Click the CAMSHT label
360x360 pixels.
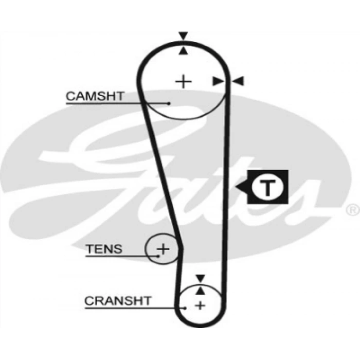coord(95,96)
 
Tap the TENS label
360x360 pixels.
coord(104,249)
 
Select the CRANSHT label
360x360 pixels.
coord(118,300)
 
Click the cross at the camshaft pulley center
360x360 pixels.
coord(183,81)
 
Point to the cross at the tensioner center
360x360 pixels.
coord(163,249)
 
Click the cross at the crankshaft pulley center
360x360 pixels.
coord(200,305)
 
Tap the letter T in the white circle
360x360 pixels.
coord(267,188)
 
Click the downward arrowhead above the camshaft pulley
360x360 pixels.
coord(183,36)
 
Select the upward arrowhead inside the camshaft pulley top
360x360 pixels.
coord(183,50)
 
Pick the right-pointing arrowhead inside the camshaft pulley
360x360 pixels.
coord(218,81)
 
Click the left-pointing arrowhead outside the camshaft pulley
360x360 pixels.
coord(238,81)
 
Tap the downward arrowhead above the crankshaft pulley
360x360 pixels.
coord(201,278)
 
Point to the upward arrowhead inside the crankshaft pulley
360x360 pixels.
coord(201,291)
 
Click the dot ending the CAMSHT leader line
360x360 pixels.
coord(169,103)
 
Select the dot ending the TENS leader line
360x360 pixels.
coord(158,256)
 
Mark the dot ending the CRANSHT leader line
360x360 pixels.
coord(185,308)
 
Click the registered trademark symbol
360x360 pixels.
coord(353,210)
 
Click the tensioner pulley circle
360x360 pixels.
coord(162,248)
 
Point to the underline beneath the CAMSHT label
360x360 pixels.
coord(118,104)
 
